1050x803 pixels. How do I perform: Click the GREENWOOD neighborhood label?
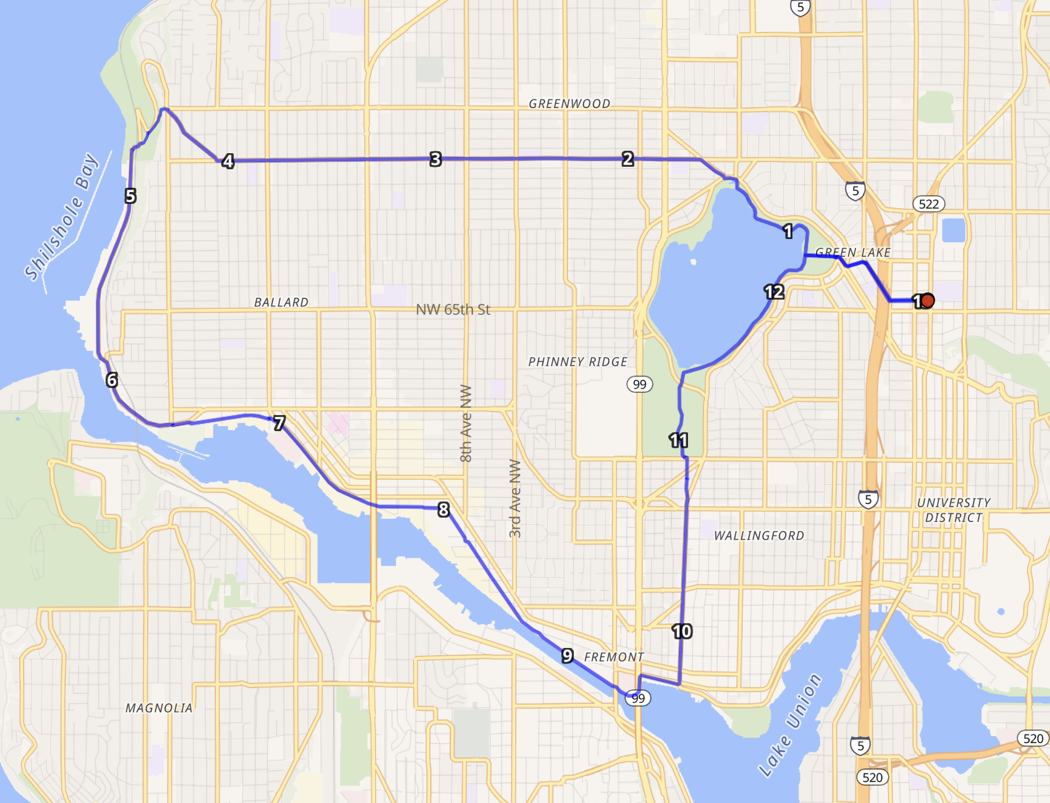pos(569,104)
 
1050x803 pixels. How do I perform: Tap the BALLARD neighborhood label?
pos(281,302)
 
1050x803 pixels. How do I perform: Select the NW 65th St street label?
pos(453,309)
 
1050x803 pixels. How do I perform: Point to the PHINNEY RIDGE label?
pos(577,362)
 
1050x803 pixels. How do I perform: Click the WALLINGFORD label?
pos(759,536)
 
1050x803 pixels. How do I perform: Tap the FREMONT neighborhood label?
pos(614,657)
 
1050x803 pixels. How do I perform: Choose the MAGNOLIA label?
pos(159,708)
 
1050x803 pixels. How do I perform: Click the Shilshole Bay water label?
pos(61,216)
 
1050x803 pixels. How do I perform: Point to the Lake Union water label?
pos(790,725)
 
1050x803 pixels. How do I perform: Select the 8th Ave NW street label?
pos(466,423)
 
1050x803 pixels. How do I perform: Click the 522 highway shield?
pos(928,204)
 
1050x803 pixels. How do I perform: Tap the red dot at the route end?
pos(927,301)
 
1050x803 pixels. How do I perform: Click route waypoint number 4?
pos(228,161)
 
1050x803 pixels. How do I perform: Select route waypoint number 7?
pos(279,423)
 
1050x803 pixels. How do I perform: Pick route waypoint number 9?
pos(568,656)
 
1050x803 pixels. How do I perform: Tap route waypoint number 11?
pos(678,440)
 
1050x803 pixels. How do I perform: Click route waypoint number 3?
pos(435,159)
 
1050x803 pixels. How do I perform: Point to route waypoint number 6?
pos(112,380)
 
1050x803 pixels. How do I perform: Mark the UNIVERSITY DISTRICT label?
pos(954,510)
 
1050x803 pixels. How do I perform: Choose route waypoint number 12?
pos(774,292)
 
